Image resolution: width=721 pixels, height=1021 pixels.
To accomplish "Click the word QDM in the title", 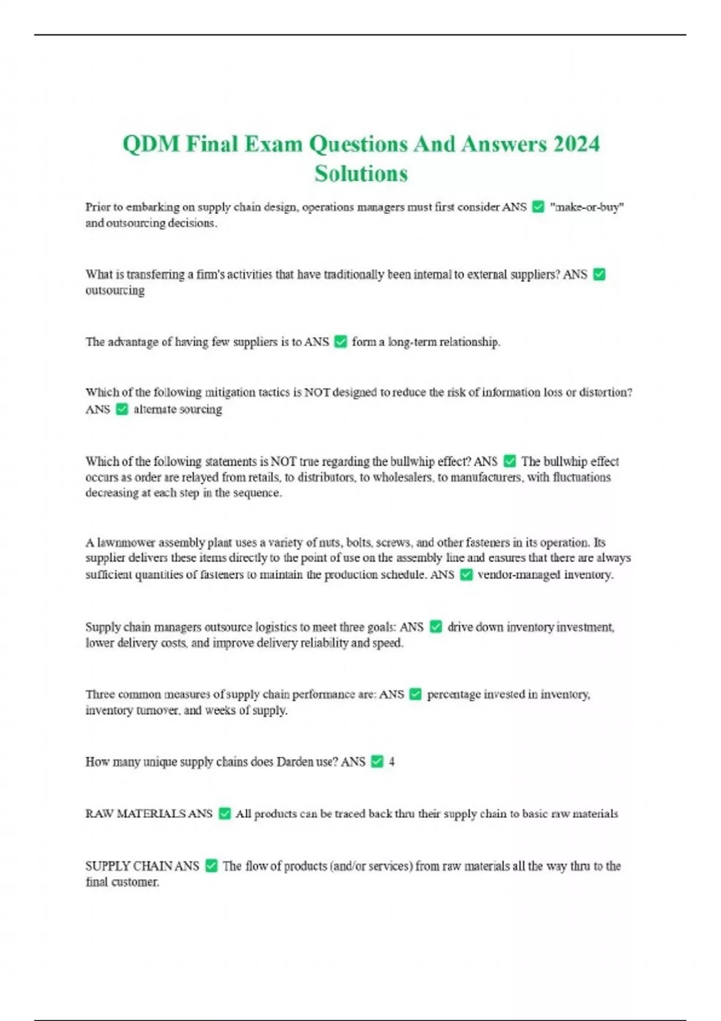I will (x=151, y=144).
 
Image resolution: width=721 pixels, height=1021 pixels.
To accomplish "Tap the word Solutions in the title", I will (x=361, y=174).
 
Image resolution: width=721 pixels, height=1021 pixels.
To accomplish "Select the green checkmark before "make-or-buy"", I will (x=538, y=207).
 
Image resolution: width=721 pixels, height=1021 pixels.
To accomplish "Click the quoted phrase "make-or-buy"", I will (x=586, y=207).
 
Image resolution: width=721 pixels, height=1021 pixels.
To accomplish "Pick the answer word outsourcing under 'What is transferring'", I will (x=115, y=291).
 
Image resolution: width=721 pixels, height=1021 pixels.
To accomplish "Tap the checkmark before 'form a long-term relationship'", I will (x=340, y=342).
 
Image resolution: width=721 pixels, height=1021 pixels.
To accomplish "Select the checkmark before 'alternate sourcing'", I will (x=121, y=410).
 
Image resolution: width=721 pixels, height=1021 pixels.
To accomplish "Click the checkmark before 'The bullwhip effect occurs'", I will (x=510, y=461).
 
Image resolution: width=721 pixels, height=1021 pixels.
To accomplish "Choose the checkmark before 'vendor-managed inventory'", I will (x=466, y=575).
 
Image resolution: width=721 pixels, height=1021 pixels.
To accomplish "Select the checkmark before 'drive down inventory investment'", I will (x=436, y=627).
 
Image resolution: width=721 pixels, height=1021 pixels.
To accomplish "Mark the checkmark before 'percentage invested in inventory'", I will (x=415, y=694).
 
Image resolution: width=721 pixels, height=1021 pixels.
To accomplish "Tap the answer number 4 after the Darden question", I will (x=392, y=762).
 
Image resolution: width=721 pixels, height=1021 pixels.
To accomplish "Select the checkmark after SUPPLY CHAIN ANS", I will (x=211, y=866).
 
